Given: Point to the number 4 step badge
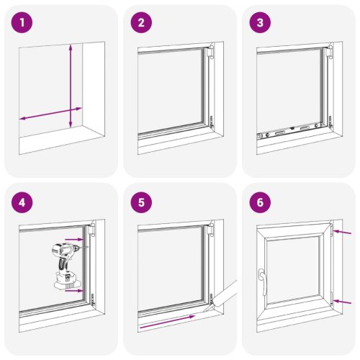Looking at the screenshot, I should [x=26, y=202].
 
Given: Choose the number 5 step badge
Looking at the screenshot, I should [x=142, y=202].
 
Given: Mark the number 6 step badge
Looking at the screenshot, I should [x=258, y=202].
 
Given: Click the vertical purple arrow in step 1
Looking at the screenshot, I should [x=71, y=86].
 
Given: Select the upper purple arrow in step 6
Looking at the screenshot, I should [x=343, y=233].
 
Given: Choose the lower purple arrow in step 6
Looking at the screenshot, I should [x=343, y=300].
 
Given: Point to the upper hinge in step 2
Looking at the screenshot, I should [x=211, y=53].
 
